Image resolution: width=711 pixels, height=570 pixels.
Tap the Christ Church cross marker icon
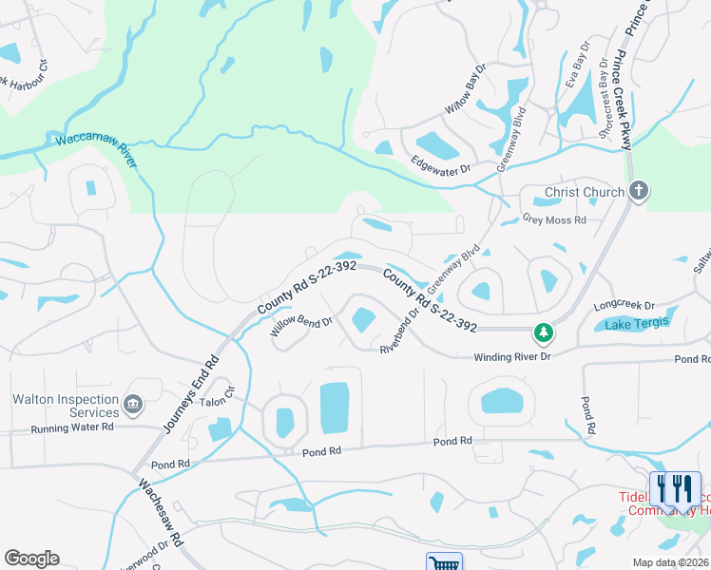(638, 192)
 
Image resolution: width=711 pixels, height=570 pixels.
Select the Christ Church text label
(584, 193)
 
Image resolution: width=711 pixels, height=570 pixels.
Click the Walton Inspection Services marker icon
(133, 406)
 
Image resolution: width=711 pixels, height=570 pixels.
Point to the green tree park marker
(543, 332)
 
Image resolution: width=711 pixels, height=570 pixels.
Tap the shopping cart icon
(444, 561)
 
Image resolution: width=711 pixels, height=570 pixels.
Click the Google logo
(31, 558)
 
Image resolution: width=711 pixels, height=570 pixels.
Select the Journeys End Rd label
(191, 395)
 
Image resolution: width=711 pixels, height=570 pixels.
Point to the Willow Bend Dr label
(300, 328)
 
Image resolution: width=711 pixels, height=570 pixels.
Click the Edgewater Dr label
(441, 169)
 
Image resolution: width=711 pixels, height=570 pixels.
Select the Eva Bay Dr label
(576, 66)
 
